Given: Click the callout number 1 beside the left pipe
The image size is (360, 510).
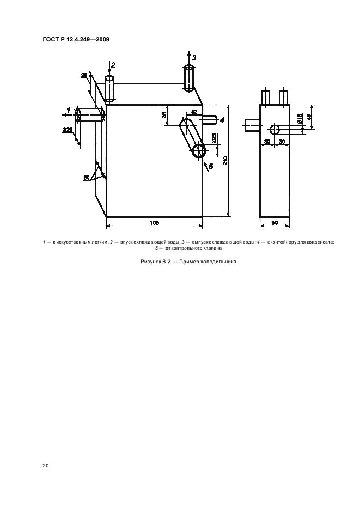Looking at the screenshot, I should (68, 110).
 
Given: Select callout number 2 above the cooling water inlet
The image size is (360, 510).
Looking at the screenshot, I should (113, 65).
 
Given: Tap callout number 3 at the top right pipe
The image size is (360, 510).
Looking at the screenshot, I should (194, 58).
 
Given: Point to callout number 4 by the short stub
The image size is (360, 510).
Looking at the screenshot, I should (222, 120).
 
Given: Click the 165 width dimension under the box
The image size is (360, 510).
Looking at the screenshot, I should (154, 222).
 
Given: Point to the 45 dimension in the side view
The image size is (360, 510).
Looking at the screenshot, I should (309, 117).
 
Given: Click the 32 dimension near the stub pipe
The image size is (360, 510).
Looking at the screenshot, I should (194, 111).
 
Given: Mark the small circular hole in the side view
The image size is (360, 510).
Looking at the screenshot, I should (275, 129).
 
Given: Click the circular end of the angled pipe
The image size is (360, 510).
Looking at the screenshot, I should (200, 151).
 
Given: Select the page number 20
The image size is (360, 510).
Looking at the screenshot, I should (46, 465).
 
